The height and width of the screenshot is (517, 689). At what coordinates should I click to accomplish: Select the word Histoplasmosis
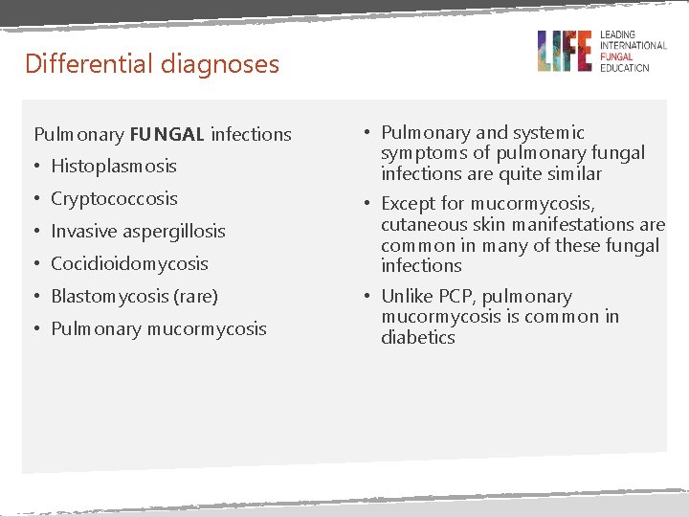coord(114,167)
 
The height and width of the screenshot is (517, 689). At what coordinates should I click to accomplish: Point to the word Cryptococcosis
coord(114,199)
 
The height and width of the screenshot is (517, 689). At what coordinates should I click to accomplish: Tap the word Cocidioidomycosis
coord(129,263)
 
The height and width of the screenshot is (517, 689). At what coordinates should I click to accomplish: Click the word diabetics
coord(417,338)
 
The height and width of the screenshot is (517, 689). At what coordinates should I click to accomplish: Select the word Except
coord(409,204)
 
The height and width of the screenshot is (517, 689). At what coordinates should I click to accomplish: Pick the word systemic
coord(549,133)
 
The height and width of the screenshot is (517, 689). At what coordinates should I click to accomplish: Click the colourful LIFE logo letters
coord(564,51)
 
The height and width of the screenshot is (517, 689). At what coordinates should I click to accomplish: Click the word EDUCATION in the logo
coord(624,68)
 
